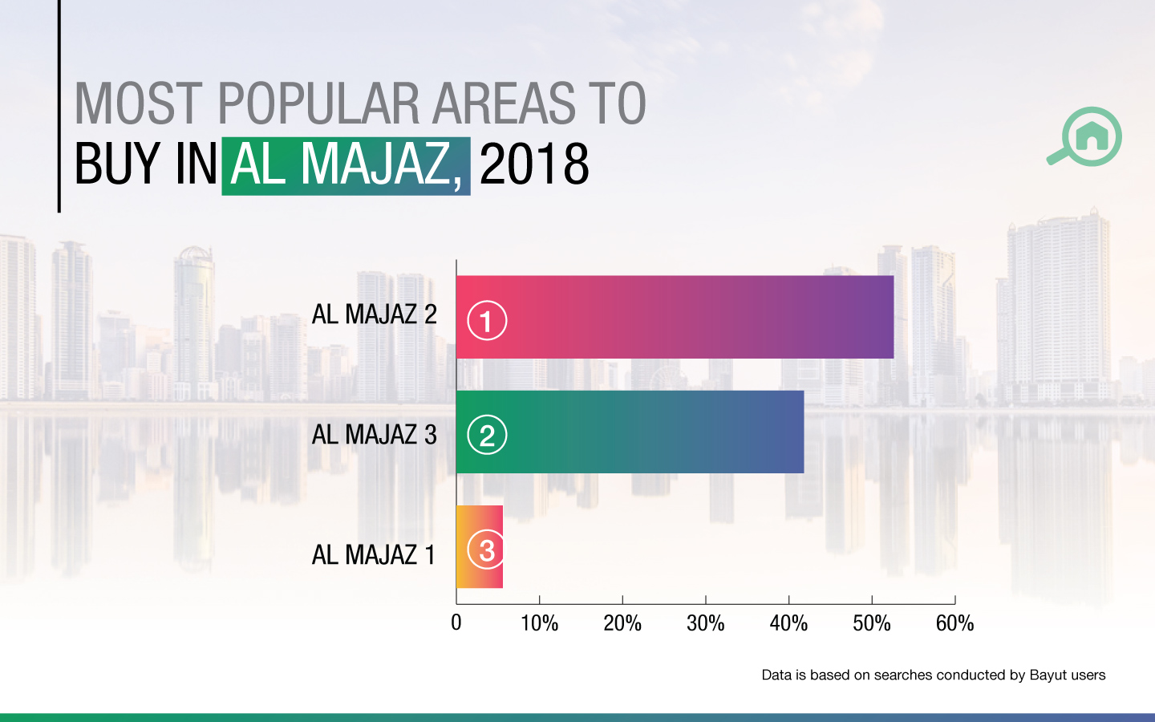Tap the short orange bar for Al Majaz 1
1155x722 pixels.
coord(480,547)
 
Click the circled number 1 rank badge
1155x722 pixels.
coord(487,320)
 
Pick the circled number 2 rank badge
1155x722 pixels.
coord(487,435)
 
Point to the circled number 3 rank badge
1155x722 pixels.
coord(487,550)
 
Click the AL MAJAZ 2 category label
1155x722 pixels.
coord(374,314)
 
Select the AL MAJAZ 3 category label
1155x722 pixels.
coord(374,435)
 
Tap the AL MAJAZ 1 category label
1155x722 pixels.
coord(373,554)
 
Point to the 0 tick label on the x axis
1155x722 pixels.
coord(456,623)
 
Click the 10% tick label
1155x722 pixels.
coord(539,623)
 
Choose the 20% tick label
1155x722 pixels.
coord(622,623)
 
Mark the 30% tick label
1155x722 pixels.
coord(706,623)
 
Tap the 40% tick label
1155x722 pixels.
coord(788,623)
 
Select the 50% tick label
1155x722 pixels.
coord(872,623)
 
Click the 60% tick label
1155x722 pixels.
coord(954,623)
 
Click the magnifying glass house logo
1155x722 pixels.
coord(1087,136)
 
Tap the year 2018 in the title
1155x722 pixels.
coord(534,164)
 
